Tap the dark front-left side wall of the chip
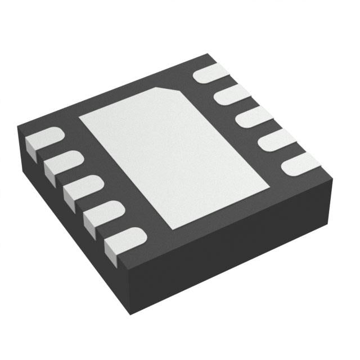pyautogui.click(x=67, y=208)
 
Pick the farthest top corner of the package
pyautogui.click(x=209, y=54)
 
